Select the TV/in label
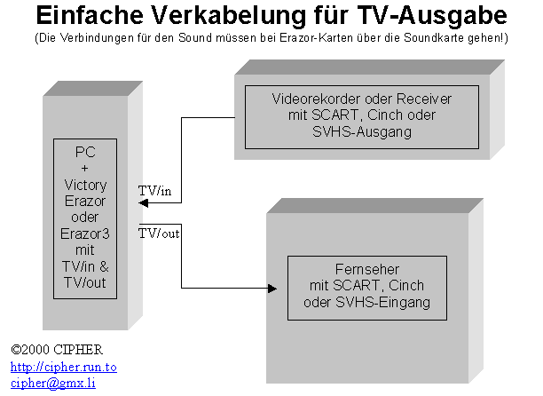(156, 190)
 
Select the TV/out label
(159, 233)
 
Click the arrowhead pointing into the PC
(144, 203)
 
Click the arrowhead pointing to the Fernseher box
(271, 288)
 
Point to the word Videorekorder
(313, 97)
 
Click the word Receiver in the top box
(425, 97)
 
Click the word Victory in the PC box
(85, 185)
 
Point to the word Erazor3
(85, 234)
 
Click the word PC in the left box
(85, 153)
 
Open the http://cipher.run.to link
(63, 367)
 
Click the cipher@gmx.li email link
(52, 383)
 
